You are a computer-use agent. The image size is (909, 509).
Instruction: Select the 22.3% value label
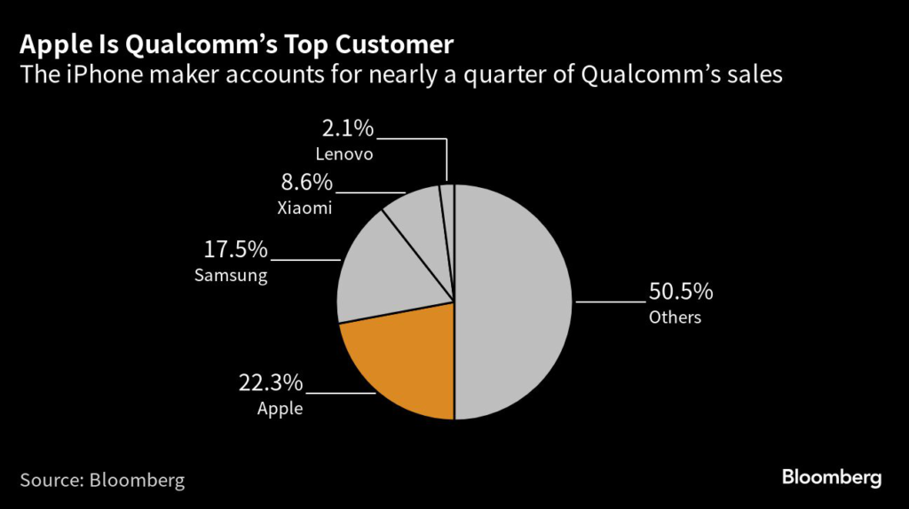click(271, 383)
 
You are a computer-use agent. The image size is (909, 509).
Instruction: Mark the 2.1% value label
click(348, 129)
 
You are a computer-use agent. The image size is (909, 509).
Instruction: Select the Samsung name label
click(231, 276)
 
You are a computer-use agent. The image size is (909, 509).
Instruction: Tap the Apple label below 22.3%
click(280, 409)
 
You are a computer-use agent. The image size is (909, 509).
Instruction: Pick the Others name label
click(675, 317)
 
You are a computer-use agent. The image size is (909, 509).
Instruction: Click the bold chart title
click(237, 44)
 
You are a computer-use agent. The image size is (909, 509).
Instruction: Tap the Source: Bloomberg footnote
click(102, 480)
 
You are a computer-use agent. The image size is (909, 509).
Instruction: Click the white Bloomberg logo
click(831, 478)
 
